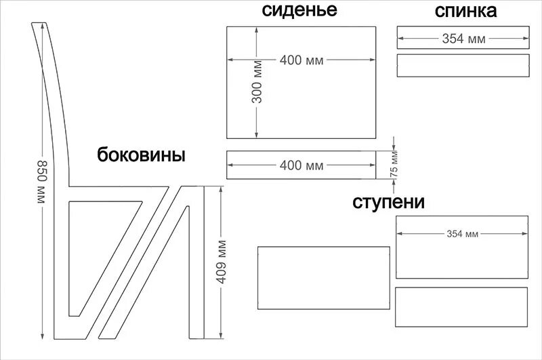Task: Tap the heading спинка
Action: (x=465, y=11)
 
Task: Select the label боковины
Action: (x=141, y=155)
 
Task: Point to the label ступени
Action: (x=388, y=202)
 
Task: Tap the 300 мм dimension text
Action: (x=257, y=86)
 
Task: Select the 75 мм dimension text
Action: (x=394, y=165)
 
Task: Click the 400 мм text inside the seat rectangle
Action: (x=301, y=60)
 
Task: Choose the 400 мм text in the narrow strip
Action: (x=301, y=165)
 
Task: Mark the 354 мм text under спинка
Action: (x=463, y=39)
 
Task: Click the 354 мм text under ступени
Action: (x=462, y=234)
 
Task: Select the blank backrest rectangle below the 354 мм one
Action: (x=463, y=66)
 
